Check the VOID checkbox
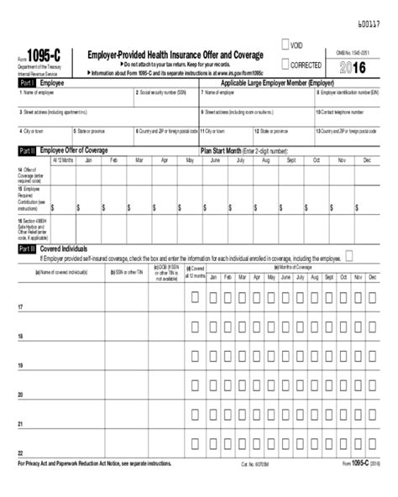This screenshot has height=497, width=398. click(x=286, y=44)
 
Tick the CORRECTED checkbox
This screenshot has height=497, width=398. click(x=286, y=63)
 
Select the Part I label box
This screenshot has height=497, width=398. click(x=26, y=84)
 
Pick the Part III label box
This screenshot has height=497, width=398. click(x=26, y=248)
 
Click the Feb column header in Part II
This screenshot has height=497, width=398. click(x=113, y=159)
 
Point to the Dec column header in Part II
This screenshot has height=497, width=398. click(x=366, y=159)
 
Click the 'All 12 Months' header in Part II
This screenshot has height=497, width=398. click(x=63, y=159)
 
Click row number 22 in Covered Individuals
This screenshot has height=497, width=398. click(x=20, y=453)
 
